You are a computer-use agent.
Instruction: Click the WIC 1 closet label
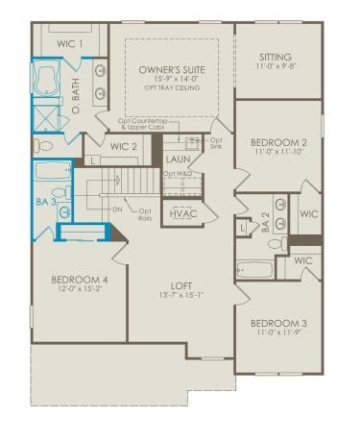pos(69,44)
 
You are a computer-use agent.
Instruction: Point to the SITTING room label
pos(276,58)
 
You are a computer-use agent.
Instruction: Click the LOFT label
pos(182,284)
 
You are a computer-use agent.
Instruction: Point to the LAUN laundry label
pos(178,159)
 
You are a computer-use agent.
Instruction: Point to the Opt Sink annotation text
pos(215,145)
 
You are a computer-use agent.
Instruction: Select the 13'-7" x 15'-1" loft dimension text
pos(182,296)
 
